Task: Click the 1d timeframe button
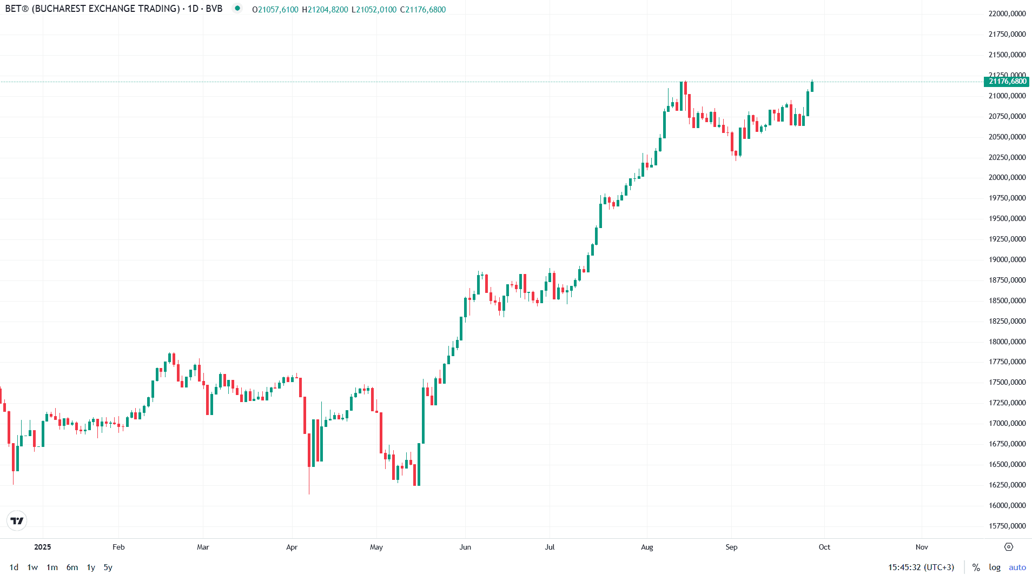(14, 567)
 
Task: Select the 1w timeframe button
(32, 567)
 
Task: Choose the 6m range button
(72, 567)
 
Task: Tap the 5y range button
(108, 567)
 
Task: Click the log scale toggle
(995, 567)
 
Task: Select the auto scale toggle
(1017, 567)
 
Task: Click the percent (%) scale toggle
(976, 567)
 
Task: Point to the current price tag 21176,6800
(1007, 82)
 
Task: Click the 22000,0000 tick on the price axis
(1007, 14)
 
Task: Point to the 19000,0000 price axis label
(1007, 259)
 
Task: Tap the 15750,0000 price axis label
(1007, 526)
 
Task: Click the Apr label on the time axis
(292, 547)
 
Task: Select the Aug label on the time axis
(647, 547)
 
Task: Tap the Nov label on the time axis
(922, 547)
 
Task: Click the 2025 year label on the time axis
(43, 547)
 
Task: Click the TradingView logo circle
(17, 521)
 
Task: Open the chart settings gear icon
(1009, 547)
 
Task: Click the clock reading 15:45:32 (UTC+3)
(921, 567)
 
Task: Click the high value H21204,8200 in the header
(325, 10)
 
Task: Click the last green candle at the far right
(812, 86)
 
